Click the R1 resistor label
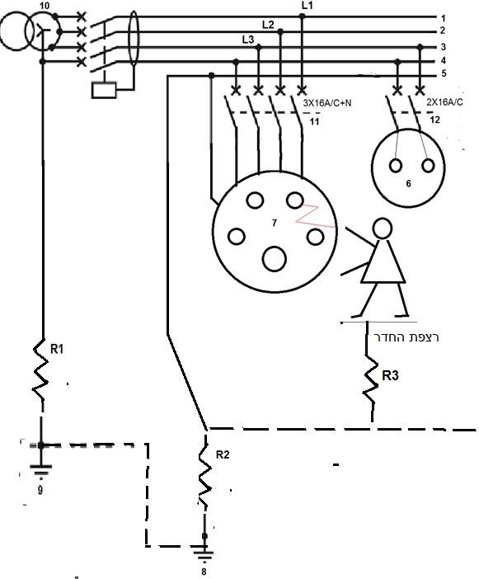pos(57,349)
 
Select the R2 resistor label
pos(223,454)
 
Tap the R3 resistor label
pos(390,375)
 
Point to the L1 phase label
pos(307,5)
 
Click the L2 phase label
pos(268,25)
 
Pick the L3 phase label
pos(248,39)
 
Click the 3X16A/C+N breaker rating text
pos(327,103)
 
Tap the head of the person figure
pos(382,228)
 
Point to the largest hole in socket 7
pos(275,259)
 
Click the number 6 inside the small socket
pos(408,184)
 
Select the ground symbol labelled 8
pos(204,553)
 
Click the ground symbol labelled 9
pos(41,470)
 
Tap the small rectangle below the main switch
pos(104,90)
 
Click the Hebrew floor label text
pos(406,337)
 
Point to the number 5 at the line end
pos(444,73)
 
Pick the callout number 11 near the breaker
pos(314,121)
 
